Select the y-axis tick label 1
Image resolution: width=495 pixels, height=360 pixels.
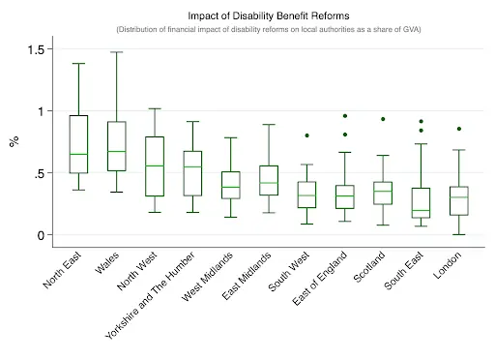click(41, 111)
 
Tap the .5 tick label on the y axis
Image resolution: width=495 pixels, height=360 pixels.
click(38, 173)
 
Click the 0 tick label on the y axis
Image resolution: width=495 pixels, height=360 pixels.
click(41, 235)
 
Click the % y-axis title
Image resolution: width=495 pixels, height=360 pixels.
click(14, 142)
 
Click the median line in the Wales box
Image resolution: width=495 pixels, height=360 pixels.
click(116, 151)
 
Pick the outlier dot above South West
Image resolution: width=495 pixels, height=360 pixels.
click(307, 135)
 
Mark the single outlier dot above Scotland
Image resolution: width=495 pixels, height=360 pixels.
click(383, 119)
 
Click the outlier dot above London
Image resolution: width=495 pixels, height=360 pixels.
click(458, 129)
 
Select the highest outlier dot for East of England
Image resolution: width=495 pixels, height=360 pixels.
click(345, 116)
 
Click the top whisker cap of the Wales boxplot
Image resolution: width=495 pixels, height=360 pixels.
click(116, 52)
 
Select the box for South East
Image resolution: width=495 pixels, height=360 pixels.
click(421, 201)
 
